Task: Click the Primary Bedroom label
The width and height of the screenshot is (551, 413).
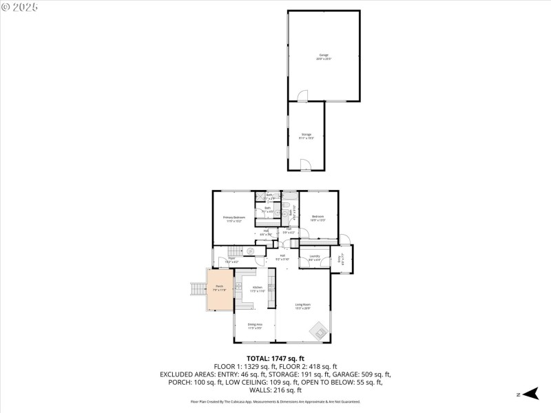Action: coord(233,219)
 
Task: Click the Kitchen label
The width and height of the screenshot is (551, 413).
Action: coord(257,289)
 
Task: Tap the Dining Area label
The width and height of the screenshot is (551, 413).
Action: coord(254,326)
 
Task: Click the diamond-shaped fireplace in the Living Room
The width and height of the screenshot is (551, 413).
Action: coord(318,332)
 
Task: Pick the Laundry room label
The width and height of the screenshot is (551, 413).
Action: coord(314,258)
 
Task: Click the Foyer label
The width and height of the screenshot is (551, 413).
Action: coord(231,260)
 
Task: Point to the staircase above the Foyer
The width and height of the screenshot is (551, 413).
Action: coord(236,251)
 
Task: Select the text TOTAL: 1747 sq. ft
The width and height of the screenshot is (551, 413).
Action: coord(275,358)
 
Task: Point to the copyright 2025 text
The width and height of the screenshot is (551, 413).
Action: coord(21,7)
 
